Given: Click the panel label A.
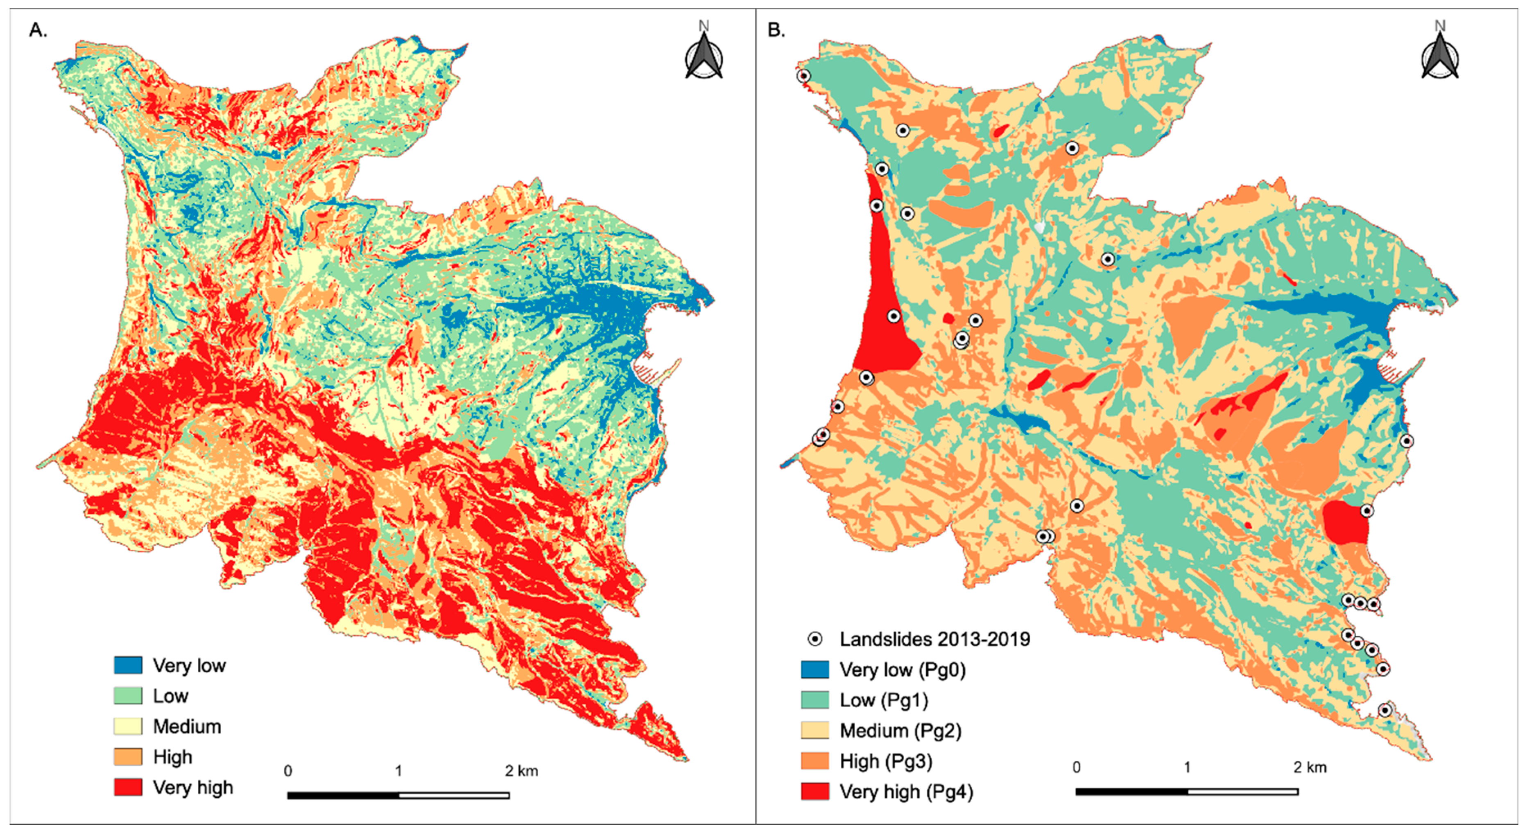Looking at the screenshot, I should click(x=38, y=30).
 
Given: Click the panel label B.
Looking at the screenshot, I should click(x=776, y=30).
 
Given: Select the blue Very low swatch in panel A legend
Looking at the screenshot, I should click(x=128, y=665).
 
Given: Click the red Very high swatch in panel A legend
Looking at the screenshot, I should click(x=128, y=787).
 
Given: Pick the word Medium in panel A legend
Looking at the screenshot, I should click(x=187, y=727).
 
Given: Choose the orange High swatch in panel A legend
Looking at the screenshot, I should click(x=128, y=757).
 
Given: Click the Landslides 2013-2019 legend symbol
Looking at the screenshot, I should click(x=815, y=639).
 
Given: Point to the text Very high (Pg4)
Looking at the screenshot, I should click(x=906, y=792).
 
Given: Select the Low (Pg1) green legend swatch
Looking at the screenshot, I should click(x=815, y=700).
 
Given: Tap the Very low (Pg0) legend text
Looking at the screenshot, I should click(x=902, y=670).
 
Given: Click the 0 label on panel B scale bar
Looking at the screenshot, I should click(x=1076, y=767).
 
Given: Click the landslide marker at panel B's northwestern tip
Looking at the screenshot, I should click(x=803, y=76).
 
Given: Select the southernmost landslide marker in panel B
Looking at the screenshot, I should click(x=1385, y=710).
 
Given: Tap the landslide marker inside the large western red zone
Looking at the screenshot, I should click(x=894, y=316).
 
